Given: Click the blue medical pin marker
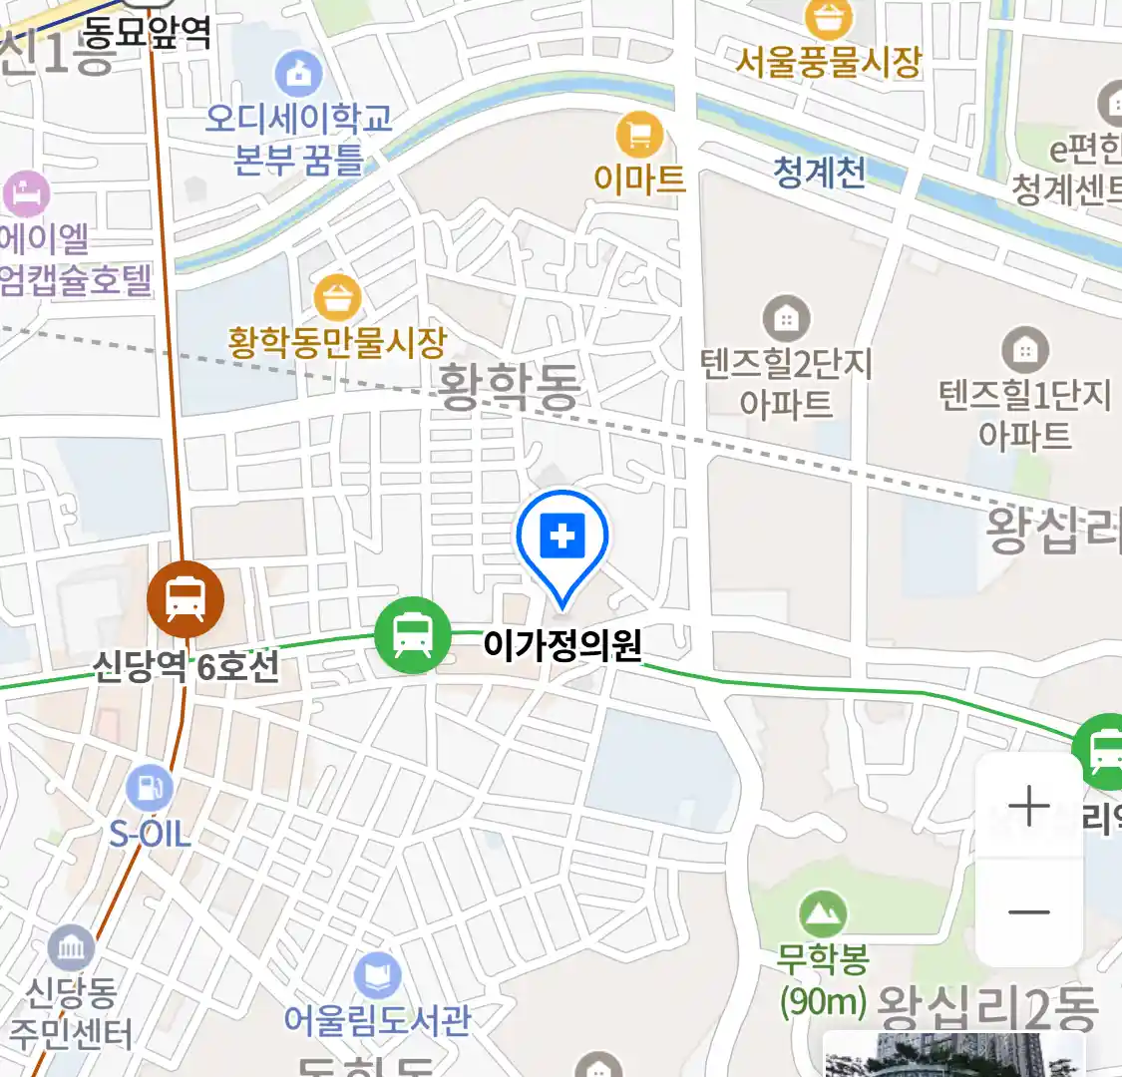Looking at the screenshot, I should (x=562, y=539).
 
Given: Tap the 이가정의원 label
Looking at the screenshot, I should (x=561, y=645).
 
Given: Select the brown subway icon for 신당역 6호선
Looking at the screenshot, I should (x=186, y=598).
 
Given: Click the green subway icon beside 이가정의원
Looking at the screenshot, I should (x=413, y=634).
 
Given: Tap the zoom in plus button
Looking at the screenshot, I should (x=1028, y=807).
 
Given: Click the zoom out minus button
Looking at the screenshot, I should (x=1028, y=911).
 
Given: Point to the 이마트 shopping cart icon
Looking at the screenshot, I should (x=639, y=134).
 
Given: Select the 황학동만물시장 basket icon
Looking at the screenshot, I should (x=337, y=296).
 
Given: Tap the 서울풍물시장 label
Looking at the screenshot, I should (x=828, y=63).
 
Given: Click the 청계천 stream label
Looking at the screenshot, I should (x=819, y=173).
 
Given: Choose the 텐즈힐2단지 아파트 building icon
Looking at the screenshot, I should (x=786, y=319).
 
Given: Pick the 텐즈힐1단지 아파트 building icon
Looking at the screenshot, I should (x=1024, y=350).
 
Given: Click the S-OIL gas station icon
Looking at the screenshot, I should (x=150, y=789).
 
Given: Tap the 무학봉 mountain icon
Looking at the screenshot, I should (x=823, y=912).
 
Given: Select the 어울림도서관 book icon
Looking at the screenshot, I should (x=377, y=974).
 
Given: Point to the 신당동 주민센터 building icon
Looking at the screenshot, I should (x=71, y=948).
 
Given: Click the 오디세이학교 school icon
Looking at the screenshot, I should (x=298, y=73).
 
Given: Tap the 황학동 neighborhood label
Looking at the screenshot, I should (x=509, y=386).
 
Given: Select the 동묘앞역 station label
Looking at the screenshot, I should (x=146, y=34).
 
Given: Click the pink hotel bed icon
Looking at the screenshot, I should (x=27, y=192).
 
